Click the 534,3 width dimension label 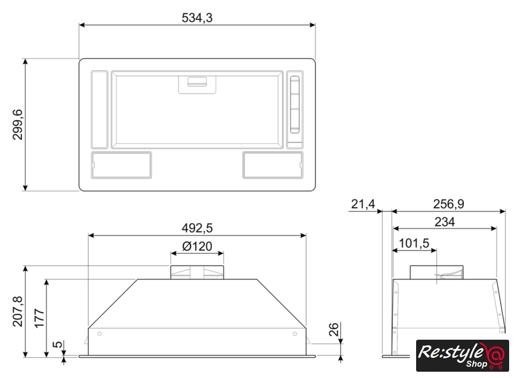[197, 18]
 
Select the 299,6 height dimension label [17, 124]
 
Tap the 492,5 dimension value [197, 229]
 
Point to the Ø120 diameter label [197, 247]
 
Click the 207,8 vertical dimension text [18, 311]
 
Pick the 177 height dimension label [40, 318]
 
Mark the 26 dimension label [333, 330]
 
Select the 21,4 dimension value [363, 204]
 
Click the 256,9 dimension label [449, 204]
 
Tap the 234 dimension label [444, 222]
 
